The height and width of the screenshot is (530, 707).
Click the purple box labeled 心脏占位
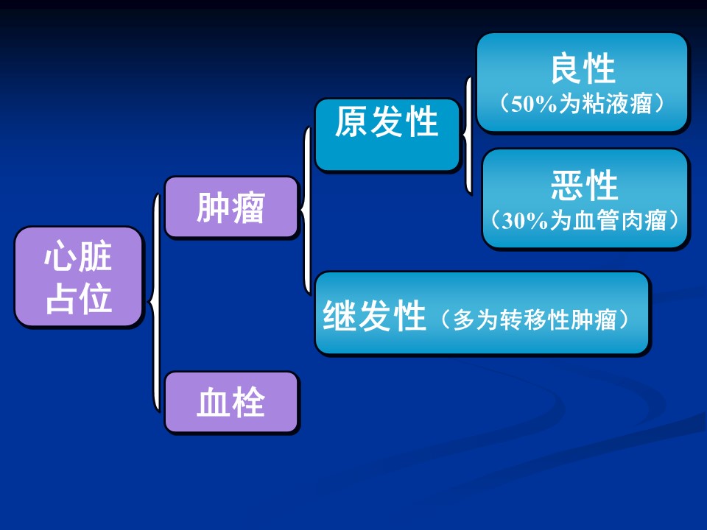point(79,277)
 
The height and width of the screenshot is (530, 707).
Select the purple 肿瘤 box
point(231,208)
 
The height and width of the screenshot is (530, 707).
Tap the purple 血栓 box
point(231,402)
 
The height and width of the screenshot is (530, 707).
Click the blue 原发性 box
point(387,134)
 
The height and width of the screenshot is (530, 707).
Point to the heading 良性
point(583,68)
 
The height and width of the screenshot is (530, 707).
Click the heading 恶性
point(584,185)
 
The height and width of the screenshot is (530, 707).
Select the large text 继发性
point(374,316)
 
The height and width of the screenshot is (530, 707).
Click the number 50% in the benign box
point(534,104)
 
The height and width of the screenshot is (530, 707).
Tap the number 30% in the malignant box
point(525,221)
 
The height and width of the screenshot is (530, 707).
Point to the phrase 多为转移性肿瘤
point(535,320)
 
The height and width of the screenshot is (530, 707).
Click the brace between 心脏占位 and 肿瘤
point(155,302)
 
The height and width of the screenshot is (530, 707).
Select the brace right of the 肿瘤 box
point(306,211)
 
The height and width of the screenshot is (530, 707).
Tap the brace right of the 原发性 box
point(468,135)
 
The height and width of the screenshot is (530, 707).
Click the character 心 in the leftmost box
point(60,255)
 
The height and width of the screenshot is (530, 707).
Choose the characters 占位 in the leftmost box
point(79,298)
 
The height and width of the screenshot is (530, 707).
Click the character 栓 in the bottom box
point(248,402)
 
